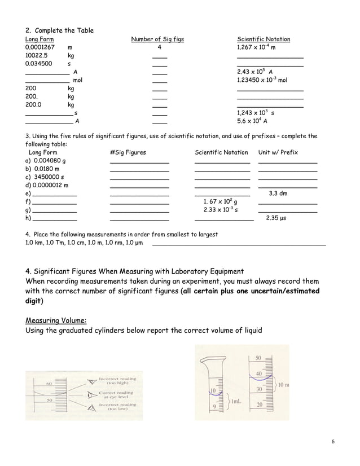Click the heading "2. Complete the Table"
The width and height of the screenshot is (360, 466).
pyautogui.click(x=60, y=30)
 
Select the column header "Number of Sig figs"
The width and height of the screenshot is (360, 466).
pyautogui.click(x=157, y=39)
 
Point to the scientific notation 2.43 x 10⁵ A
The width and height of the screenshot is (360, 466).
pyautogui.click(x=255, y=72)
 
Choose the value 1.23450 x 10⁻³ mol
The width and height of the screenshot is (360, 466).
pyautogui.click(x=262, y=81)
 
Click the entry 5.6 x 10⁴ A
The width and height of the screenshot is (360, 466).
pyautogui.click(x=252, y=121)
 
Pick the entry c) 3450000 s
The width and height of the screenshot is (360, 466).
pyautogui.click(x=45, y=177)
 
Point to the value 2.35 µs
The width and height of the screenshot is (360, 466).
pyautogui.click(x=277, y=218)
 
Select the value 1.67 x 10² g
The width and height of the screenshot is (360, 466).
pyautogui.click(x=220, y=202)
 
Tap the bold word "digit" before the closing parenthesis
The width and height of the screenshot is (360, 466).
pyautogui.click(x=36, y=301)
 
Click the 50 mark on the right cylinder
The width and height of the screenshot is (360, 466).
pyautogui.click(x=258, y=359)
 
